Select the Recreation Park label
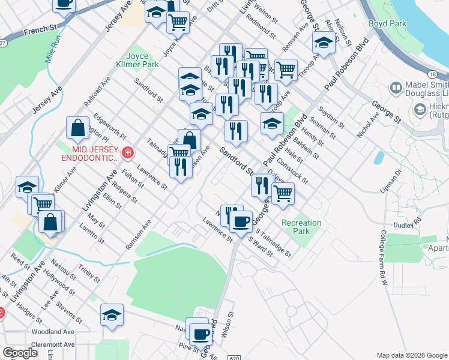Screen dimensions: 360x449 pos(301,227)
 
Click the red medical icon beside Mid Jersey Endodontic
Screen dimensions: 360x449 pos(127,154)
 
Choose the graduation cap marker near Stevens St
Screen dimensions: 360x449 pos(112,314)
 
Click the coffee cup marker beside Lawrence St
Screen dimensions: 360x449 pos(241,221)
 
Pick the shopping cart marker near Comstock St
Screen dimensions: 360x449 pos(283,193)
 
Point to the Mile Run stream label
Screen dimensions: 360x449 pos(54,50)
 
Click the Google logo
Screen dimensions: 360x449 pos(20,352)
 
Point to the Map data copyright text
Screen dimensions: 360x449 pos(411,355)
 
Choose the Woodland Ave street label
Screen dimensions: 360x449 pos(54,331)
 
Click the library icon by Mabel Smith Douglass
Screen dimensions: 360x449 pos(396,88)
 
